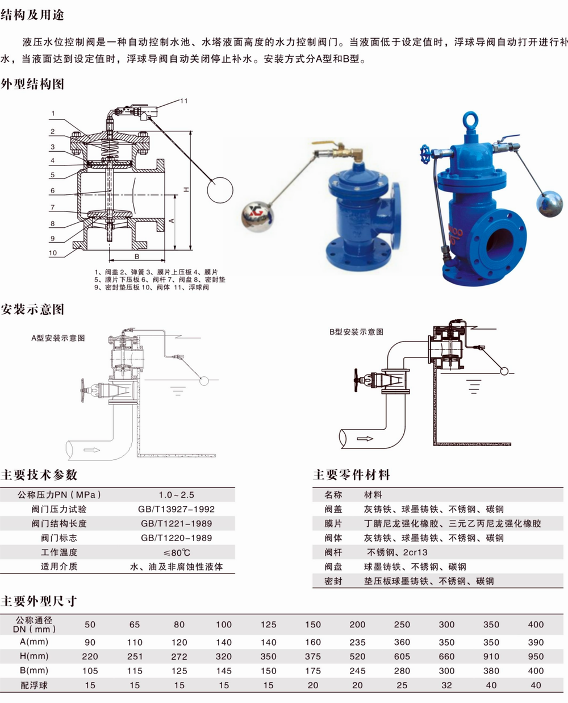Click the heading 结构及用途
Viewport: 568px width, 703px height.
pos(32,15)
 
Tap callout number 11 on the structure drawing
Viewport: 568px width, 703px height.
pos(183,101)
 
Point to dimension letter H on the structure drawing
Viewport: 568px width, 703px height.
pos(187,189)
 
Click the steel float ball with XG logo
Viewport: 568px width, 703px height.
pos(257,217)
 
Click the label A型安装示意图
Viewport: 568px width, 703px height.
pos(58,338)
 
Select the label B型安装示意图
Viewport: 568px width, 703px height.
pos(356,331)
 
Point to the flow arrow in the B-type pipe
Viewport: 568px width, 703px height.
pos(365,439)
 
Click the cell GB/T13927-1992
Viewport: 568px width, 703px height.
pos(176,509)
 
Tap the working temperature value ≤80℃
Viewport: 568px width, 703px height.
pos(176,552)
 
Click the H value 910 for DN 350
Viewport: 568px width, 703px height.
pos(491,656)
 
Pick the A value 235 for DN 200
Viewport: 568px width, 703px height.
pos(357,642)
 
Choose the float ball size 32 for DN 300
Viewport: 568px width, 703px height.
pos(446,685)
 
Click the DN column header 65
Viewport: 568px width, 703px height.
pos(135,625)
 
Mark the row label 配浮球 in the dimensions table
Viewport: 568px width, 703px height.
pos(34,685)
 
